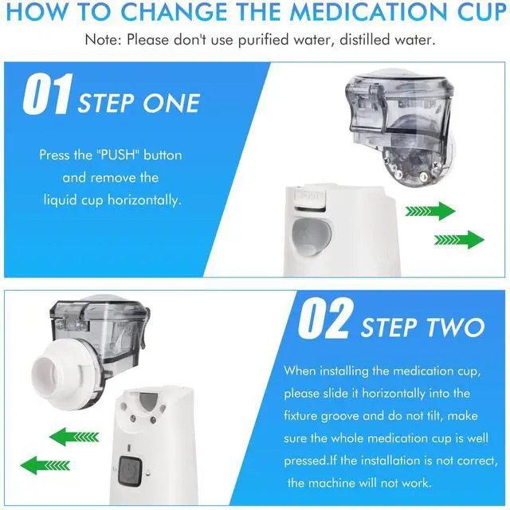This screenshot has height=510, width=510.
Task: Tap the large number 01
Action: point(47,94)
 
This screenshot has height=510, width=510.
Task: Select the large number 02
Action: point(326,318)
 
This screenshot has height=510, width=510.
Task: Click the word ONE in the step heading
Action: point(171,104)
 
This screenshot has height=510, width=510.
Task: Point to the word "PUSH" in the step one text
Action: point(117,155)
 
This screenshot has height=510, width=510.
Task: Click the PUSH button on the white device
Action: point(309,197)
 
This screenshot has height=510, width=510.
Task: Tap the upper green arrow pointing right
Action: point(430,211)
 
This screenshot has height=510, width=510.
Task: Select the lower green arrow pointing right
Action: point(459,240)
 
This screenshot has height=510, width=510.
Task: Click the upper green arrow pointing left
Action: point(74,437)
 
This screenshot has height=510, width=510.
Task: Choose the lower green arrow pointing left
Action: point(45,465)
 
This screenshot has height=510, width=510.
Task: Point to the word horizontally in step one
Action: point(144,200)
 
